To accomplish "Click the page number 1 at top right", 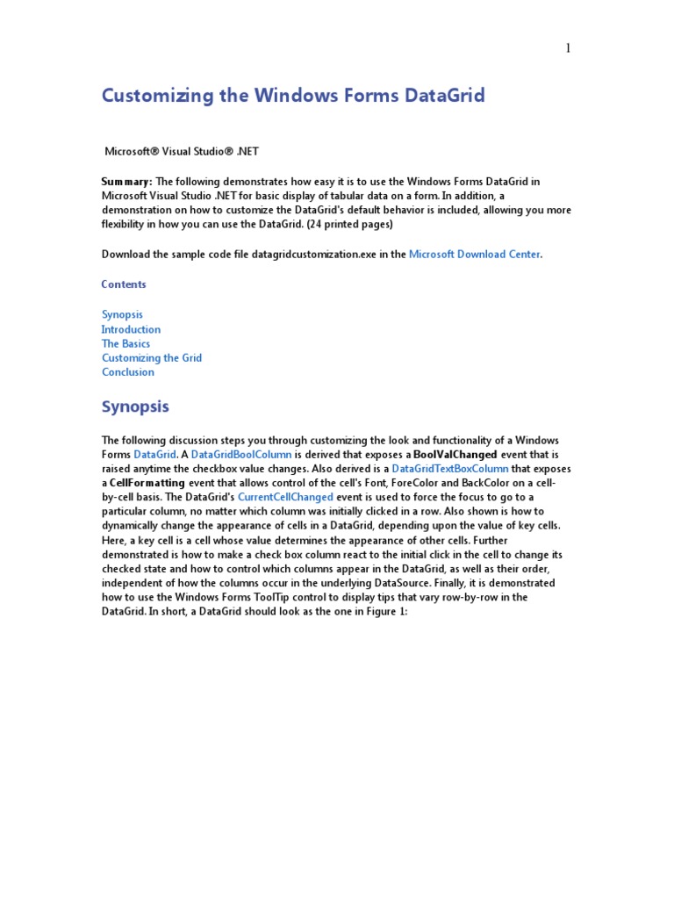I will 568,48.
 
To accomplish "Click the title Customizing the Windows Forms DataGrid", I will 293,96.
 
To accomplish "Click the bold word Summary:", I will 127,181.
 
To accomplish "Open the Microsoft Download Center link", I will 475,255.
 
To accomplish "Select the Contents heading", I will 124,284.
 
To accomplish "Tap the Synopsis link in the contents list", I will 122,314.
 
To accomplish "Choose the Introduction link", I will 131,329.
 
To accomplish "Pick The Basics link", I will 125,343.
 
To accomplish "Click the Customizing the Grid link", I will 152,357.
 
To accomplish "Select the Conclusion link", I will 128,372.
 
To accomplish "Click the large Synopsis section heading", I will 135,407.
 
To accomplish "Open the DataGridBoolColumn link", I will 241,455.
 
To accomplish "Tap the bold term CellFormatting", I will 147,483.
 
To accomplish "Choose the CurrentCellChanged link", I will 285,497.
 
